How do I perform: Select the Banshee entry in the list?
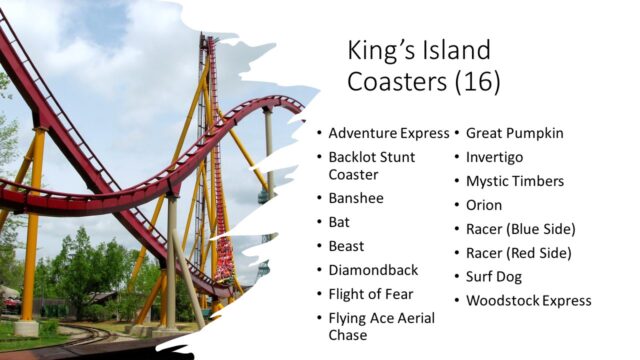click(357, 198)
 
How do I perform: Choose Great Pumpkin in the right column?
click(514, 133)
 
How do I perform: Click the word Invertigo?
click(494, 157)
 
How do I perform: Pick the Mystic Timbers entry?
click(515, 181)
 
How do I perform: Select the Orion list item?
click(485, 205)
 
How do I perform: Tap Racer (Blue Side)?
click(521, 229)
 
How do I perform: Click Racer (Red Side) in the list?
click(520, 253)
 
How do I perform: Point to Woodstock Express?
click(528, 301)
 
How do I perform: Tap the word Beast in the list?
click(347, 246)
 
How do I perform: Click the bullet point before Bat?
click(319, 222)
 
